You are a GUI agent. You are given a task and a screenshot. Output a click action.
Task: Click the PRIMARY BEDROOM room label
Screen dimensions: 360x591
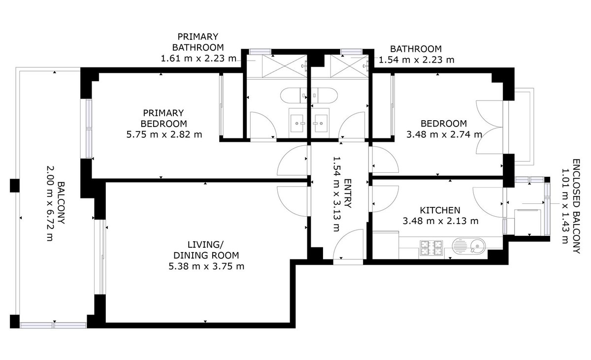(164, 118)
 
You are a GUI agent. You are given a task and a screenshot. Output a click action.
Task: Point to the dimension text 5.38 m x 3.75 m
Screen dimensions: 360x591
(206, 266)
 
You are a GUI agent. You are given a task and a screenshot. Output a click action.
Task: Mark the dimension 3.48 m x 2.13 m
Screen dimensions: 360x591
(440, 221)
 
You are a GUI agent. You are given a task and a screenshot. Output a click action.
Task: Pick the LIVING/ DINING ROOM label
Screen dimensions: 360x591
(206, 250)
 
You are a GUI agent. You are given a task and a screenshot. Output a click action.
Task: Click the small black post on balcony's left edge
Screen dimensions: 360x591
(14, 186)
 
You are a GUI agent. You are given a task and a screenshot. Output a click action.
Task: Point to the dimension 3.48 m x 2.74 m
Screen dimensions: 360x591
(443, 134)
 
